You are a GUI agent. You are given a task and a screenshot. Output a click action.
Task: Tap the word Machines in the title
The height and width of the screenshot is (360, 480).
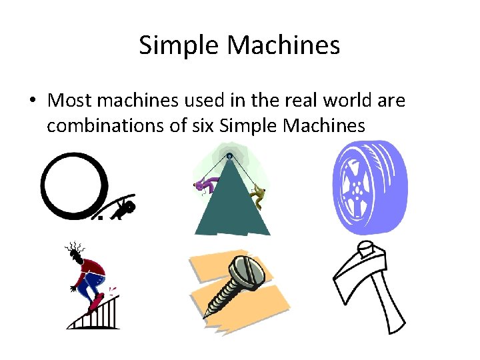point(284,46)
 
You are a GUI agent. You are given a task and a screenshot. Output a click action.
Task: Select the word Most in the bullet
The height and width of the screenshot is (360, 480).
point(68,101)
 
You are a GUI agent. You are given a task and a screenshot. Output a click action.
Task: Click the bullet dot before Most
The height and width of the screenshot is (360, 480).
point(33,101)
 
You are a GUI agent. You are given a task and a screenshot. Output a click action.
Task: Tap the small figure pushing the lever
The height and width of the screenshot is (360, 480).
point(124,209)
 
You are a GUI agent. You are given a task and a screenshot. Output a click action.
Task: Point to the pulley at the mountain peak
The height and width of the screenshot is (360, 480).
point(229,157)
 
